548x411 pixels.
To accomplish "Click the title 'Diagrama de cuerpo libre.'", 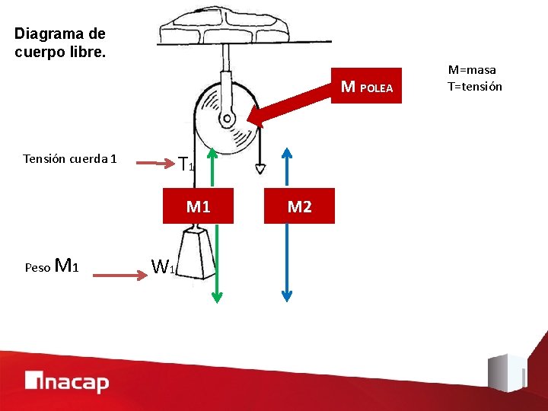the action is (x=59, y=43).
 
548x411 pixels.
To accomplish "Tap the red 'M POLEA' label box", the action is (x=366, y=87).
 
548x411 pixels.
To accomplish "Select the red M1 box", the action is (x=198, y=206).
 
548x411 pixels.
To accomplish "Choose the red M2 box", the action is (x=299, y=206).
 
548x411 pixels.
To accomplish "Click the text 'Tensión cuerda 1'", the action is (x=70, y=159).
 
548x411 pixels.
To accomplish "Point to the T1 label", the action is (x=186, y=163).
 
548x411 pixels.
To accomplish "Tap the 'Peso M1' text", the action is (x=52, y=266).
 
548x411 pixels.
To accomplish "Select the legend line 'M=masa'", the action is (x=474, y=70).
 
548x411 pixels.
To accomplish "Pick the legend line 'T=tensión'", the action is (x=475, y=86).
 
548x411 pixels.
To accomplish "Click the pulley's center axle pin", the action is (x=226, y=119).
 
